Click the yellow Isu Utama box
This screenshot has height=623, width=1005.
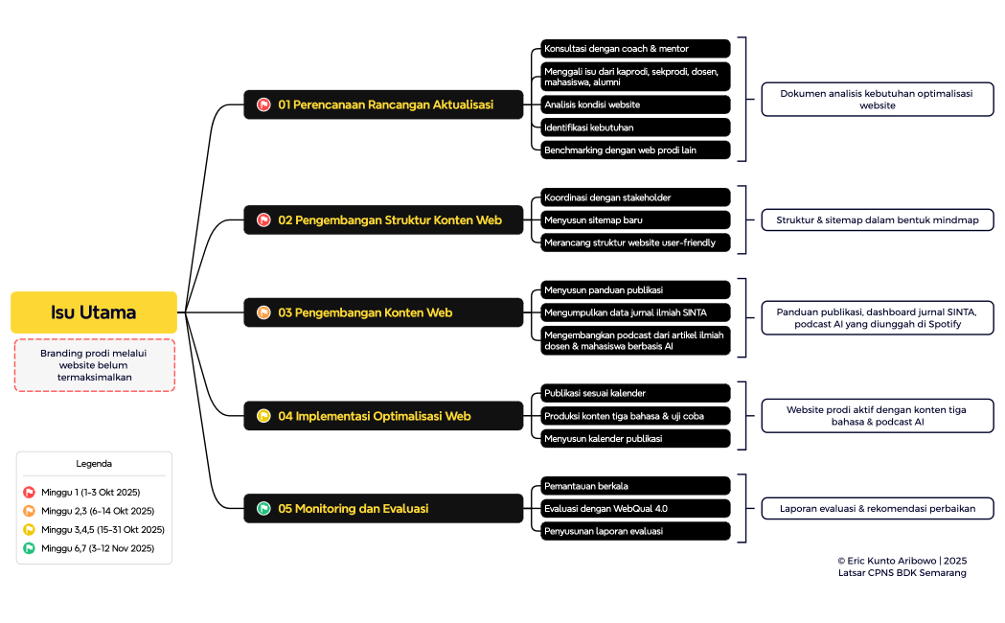(94, 312)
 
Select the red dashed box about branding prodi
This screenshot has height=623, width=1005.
(94, 365)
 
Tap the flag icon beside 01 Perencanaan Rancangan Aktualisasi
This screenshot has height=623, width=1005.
(263, 104)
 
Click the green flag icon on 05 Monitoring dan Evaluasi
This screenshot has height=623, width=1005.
(263, 509)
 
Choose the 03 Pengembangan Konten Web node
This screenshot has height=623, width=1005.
(383, 312)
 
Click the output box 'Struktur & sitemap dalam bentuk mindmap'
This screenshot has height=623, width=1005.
(877, 220)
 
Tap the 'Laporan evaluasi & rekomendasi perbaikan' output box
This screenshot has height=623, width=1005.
(877, 509)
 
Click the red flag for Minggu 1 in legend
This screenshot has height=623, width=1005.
(29, 493)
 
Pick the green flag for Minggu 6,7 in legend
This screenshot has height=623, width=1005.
(29, 549)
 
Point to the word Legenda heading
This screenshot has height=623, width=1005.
(94, 464)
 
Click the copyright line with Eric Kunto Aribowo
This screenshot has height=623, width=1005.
(902, 560)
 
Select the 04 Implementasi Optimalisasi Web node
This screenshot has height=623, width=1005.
(383, 416)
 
